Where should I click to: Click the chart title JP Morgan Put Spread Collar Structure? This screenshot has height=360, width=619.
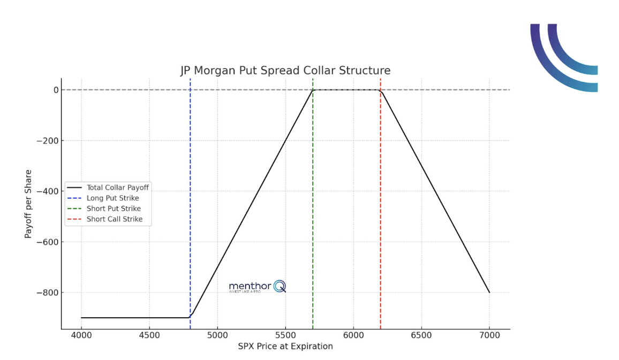tap(285, 71)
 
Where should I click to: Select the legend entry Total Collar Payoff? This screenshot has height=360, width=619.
tap(117, 187)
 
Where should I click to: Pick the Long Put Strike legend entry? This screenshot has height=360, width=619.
tap(112, 198)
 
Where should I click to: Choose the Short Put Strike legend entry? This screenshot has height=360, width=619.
tap(114, 208)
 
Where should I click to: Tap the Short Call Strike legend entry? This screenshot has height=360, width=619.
tap(115, 219)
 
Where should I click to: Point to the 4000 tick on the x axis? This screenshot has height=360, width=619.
tap(81, 335)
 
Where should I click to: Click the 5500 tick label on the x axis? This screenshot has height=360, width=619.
tap(285, 335)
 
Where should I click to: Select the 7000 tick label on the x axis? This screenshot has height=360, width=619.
tap(489, 335)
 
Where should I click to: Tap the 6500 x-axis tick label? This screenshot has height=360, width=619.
tap(421, 335)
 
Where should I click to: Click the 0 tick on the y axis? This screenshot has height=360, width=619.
tap(56, 90)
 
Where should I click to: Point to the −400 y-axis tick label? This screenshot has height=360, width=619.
tap(48, 191)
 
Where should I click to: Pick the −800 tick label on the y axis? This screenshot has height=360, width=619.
tap(48, 292)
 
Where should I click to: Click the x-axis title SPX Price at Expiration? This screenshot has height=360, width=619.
tap(285, 347)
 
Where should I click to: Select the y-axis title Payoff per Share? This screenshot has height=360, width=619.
tap(28, 204)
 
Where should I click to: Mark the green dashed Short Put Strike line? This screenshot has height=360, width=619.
tap(313, 214)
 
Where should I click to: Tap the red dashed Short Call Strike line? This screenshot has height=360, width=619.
tap(381, 214)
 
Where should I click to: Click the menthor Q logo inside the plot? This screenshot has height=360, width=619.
tap(258, 287)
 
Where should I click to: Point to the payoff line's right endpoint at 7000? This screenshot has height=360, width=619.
tap(489, 292)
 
